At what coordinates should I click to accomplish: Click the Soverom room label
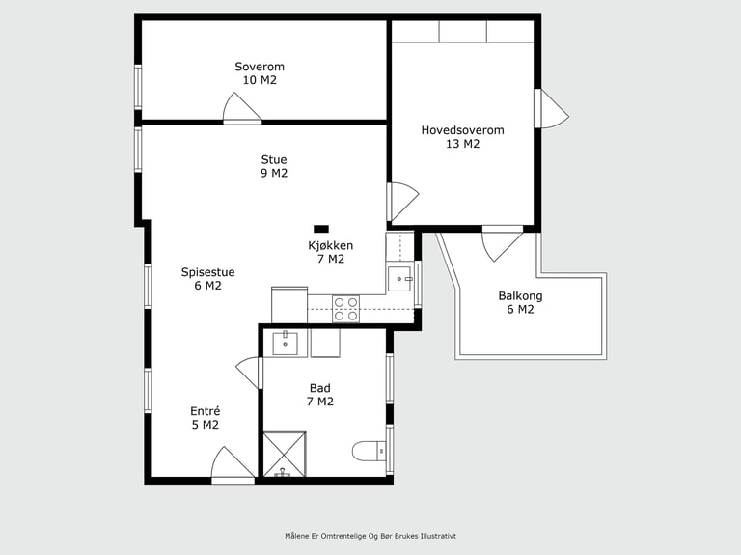pos(260,67)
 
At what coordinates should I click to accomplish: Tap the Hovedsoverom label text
pos(463,130)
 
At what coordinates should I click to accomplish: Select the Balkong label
pos(520,296)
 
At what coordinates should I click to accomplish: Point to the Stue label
pos(274,159)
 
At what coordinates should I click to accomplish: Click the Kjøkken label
pos(331,245)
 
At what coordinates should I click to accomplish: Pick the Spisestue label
pos(208,272)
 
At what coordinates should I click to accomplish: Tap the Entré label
pos(206,411)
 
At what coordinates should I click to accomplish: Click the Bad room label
pos(320,388)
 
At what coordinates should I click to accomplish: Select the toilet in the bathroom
pos(370,451)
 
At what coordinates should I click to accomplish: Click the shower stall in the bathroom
pos(285,455)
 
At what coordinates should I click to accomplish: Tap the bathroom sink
pos(285,344)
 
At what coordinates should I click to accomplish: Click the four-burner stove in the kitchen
pos(345,309)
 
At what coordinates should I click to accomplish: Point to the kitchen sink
pos(399,279)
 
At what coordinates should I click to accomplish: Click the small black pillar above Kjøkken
pos(321,229)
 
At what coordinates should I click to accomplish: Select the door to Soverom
pos(242,108)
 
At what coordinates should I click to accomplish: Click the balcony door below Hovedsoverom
pos(503,243)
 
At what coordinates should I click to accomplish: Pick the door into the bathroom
pos(249,373)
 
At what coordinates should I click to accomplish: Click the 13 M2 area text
pos(463,144)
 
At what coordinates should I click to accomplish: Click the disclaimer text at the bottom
pos(370,536)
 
